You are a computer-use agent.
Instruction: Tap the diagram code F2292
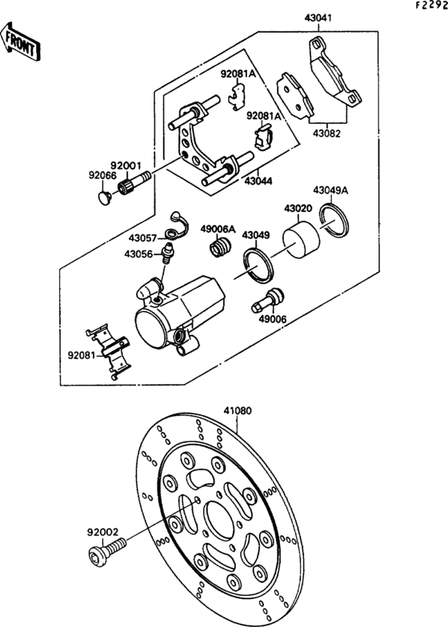430,6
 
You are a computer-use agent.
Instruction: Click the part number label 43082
326,133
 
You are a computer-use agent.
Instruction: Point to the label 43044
258,182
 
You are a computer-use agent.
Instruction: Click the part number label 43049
257,235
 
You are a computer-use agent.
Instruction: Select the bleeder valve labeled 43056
168,257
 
